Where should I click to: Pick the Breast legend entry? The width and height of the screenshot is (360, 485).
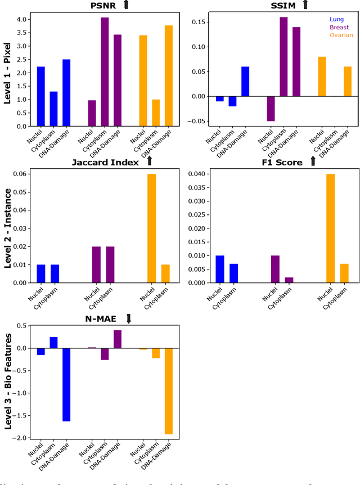click(339, 27)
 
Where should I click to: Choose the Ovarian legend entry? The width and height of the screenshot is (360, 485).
click(341, 35)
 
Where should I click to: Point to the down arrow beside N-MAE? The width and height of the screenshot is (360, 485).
click(128, 319)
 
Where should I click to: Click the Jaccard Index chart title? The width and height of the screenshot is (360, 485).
click(105, 162)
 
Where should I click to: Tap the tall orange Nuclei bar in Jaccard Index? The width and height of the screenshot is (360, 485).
click(152, 228)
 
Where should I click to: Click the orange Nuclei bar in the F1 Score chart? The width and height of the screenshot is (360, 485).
click(331, 228)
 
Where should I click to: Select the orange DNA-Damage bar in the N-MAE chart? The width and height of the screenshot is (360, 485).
click(169, 391)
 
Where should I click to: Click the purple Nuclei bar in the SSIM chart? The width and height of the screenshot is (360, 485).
click(271, 109)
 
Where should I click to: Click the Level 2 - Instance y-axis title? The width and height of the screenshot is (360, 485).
click(8, 227)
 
